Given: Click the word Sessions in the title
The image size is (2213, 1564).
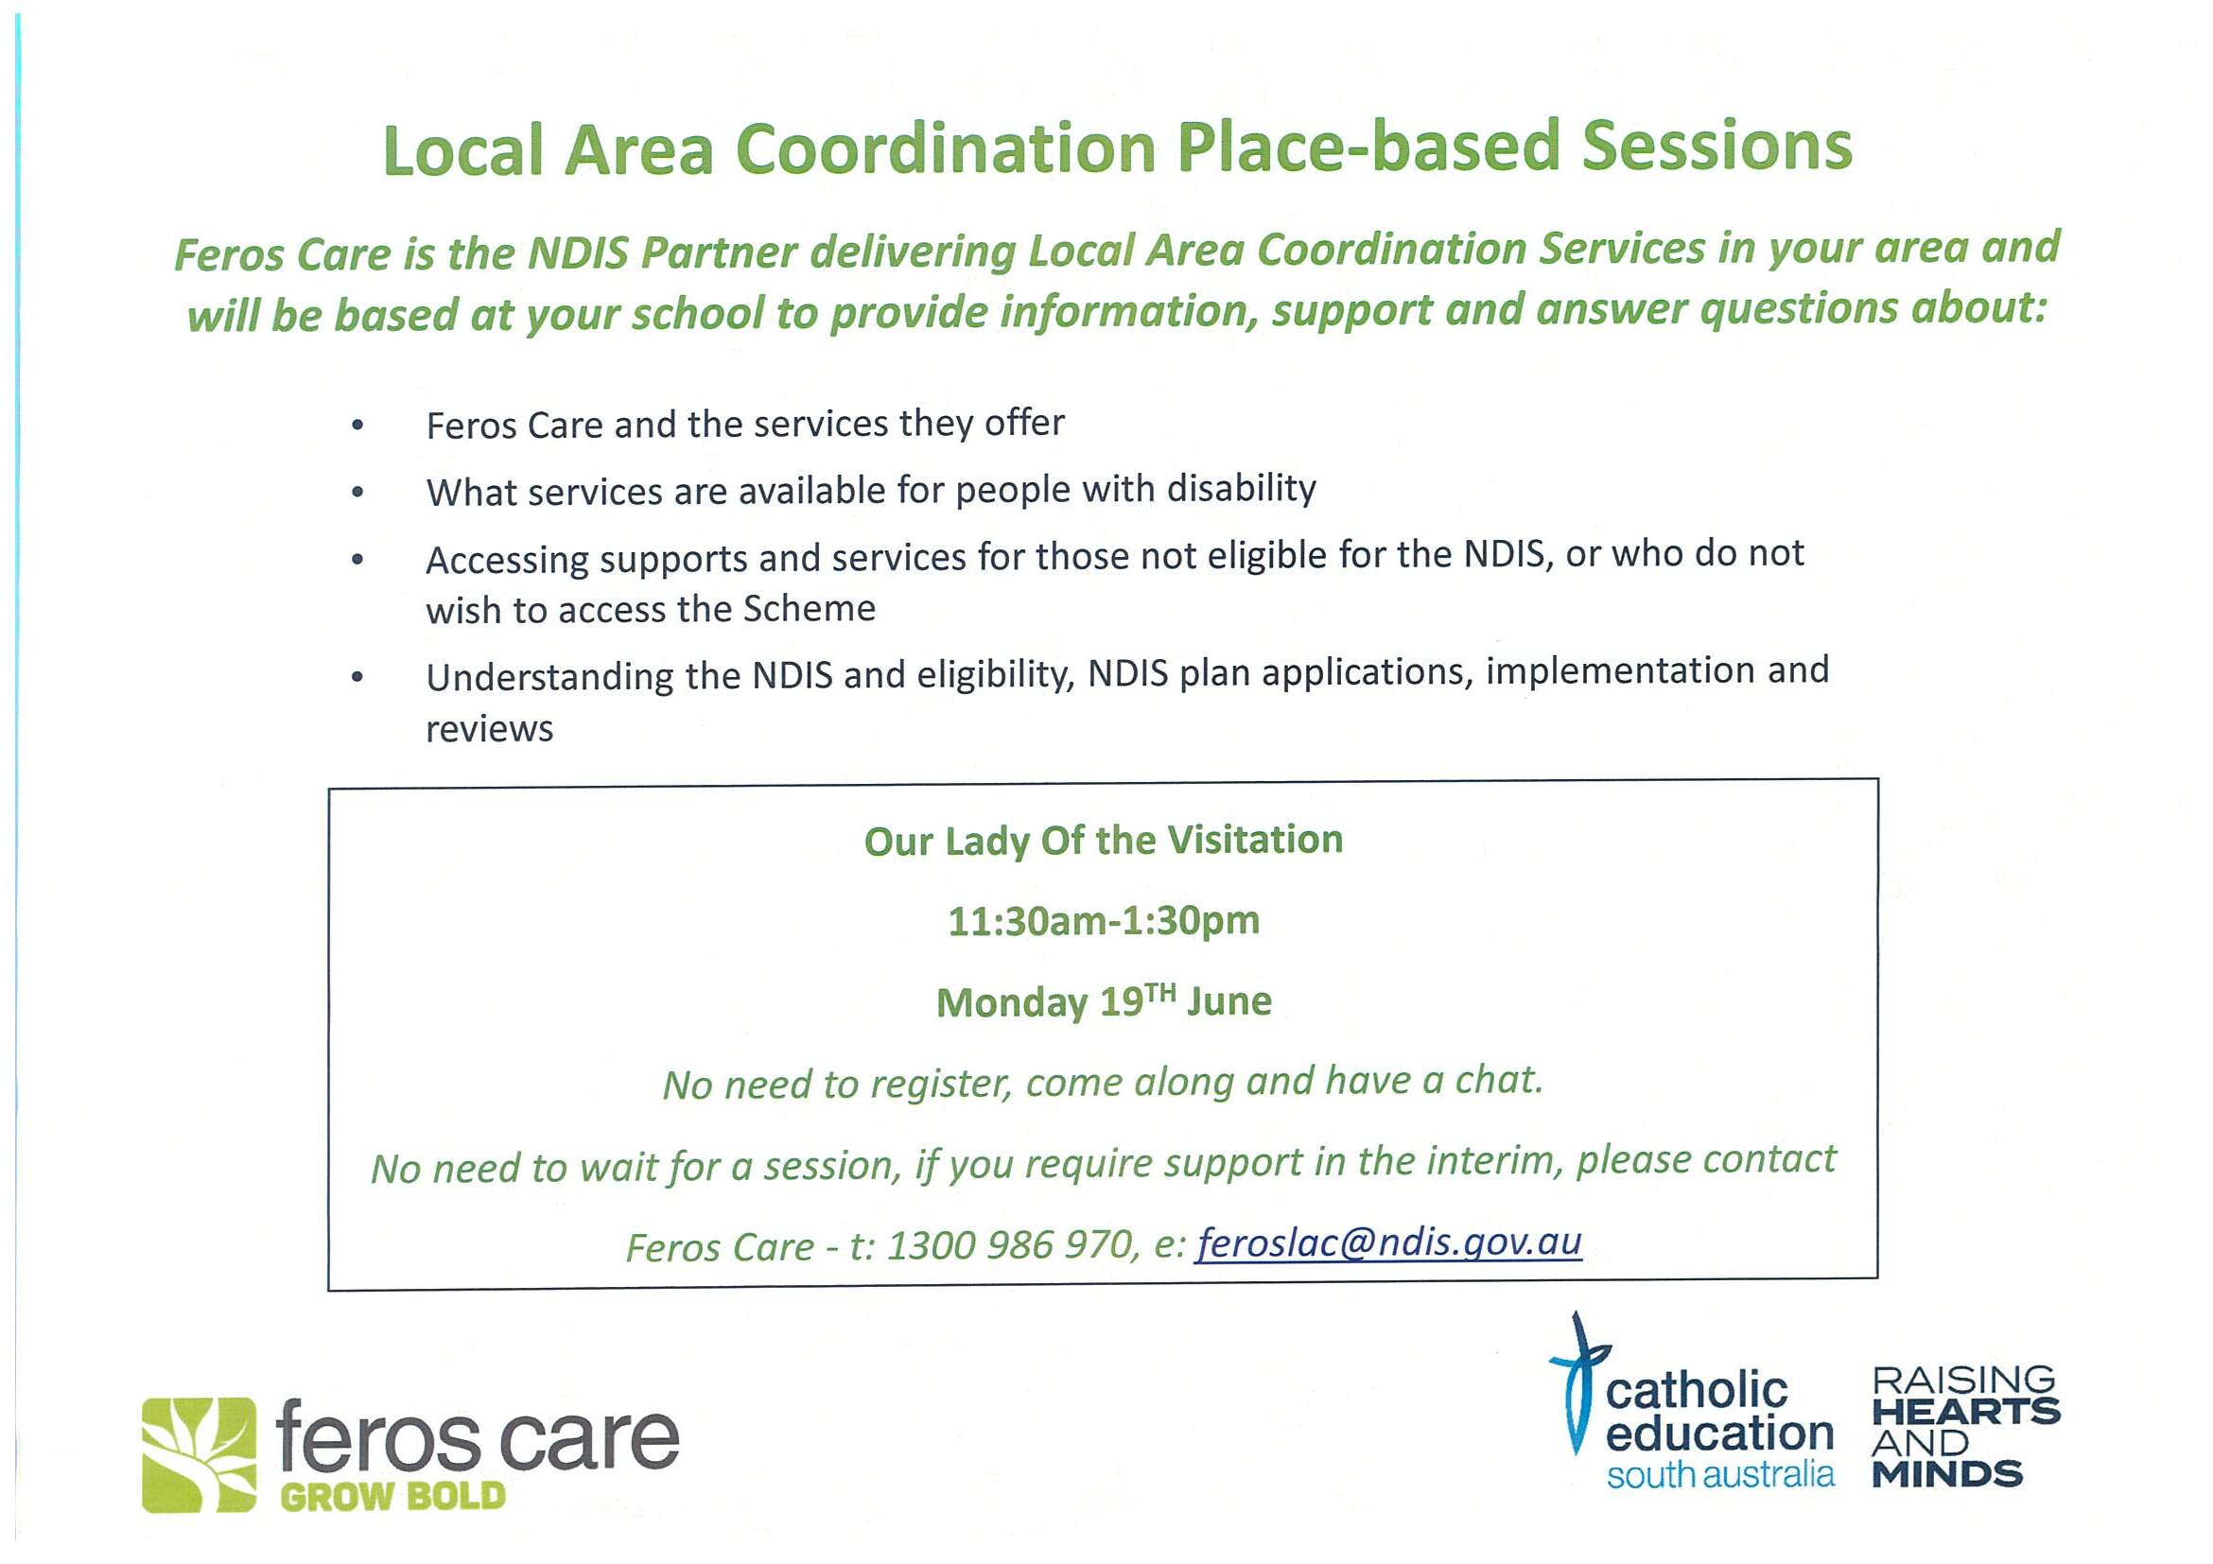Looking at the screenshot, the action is coord(1716,147).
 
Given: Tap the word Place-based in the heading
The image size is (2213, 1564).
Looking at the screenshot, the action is coord(1368,148).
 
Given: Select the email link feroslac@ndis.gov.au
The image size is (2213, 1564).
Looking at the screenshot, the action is coord(1389,1243).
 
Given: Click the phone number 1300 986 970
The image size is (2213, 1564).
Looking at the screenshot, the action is coord(1008,1245).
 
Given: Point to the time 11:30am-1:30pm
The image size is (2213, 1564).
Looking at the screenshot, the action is coord(1104,921).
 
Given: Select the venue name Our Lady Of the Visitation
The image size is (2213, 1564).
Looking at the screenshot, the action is coord(1104,841).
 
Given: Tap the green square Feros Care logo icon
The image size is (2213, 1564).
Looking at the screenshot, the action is coord(200,1455).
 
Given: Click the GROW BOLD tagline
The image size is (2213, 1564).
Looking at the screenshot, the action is coord(393,1497).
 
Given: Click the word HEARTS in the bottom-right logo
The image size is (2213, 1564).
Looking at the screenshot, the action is coord(1965,1413).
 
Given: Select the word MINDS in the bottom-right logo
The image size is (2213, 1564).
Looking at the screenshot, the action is coord(1947,1473).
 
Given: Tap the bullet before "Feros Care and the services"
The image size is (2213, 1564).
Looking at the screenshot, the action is coord(358,425).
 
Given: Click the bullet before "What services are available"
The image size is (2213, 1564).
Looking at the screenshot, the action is coord(358,493).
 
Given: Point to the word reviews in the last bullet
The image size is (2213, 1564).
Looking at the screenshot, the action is coord(490,729).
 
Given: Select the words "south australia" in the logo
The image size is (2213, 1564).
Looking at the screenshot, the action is coord(1719,1473).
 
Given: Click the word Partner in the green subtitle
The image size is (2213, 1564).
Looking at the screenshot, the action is coord(719,252).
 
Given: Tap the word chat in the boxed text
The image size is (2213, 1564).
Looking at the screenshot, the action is coord(1499,1080).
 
